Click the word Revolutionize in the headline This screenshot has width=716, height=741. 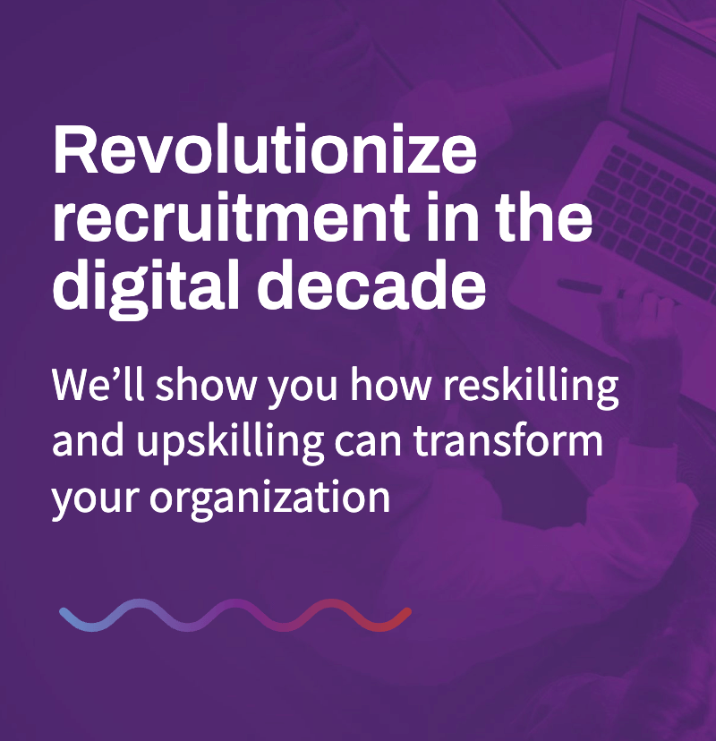pos(265,149)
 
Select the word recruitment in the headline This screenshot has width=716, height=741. pos(232,217)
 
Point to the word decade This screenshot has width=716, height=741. pos(371,284)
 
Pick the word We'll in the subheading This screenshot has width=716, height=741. pos(98,384)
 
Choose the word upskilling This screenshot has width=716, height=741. pos(231,443)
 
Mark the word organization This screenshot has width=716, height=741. pos(270,498)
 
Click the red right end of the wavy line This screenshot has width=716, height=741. pos(407,612)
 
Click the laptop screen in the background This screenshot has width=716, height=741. pos(671,71)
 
